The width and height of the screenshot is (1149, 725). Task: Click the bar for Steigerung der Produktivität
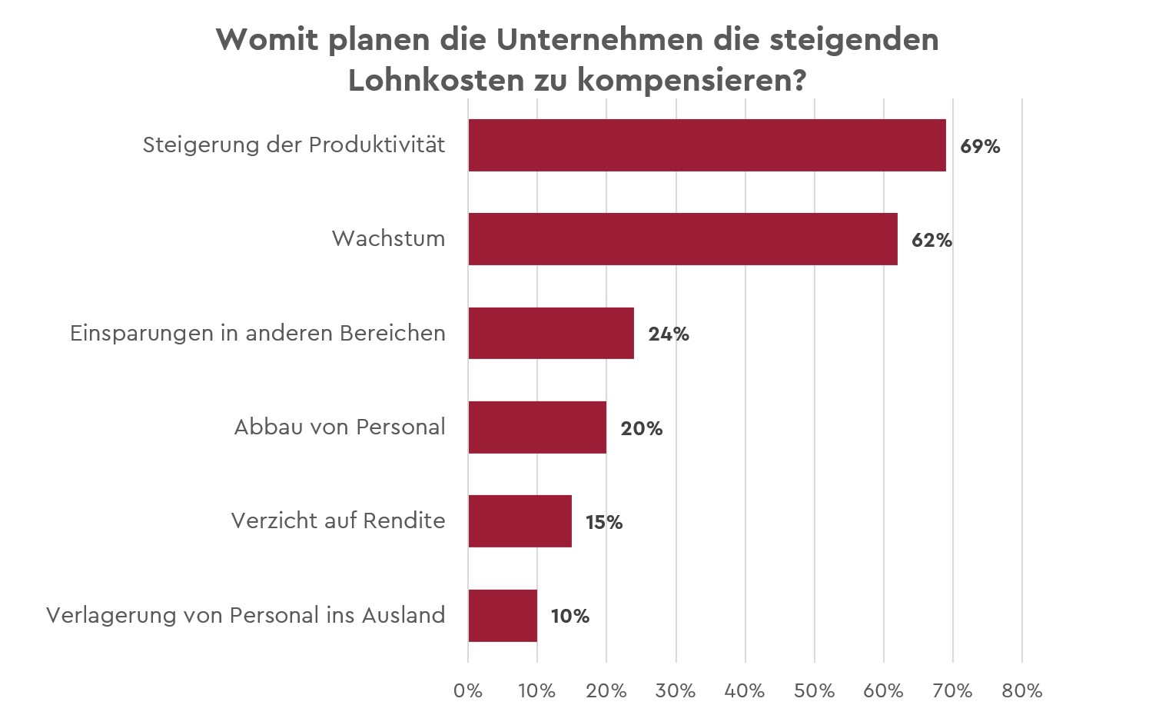(706, 145)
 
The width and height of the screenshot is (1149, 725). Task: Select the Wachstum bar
(682, 239)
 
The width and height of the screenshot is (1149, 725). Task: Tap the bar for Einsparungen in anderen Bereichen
(551, 333)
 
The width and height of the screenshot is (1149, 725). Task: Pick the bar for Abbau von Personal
(537, 427)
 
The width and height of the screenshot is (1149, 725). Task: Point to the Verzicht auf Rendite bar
(520, 521)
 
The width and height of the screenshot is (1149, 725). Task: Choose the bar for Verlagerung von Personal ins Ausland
(503, 615)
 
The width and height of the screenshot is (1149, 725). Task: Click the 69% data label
(980, 146)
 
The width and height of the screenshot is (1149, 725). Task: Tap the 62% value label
(931, 240)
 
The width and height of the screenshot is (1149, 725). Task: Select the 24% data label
(668, 334)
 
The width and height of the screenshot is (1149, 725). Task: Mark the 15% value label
(604, 522)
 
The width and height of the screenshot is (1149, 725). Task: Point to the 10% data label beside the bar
(570, 616)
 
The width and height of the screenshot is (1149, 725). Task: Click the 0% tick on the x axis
(468, 690)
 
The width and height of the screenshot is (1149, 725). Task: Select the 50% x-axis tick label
(814, 690)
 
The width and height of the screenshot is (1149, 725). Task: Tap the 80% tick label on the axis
(1022, 690)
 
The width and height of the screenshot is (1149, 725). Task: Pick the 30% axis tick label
(676, 690)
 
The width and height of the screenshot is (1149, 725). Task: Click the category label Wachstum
(388, 238)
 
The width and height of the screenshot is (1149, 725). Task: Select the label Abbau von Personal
(339, 427)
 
